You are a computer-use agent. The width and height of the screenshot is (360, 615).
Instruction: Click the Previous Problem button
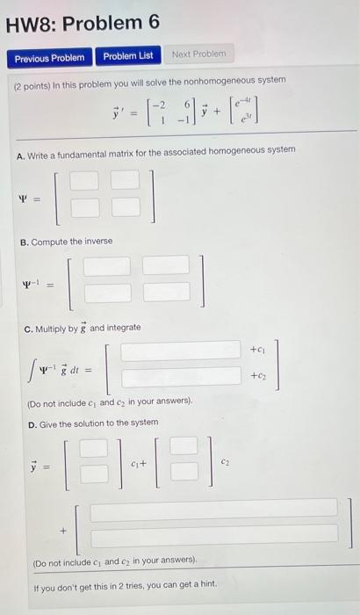coord(49,57)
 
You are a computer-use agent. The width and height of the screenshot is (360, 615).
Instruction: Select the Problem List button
coord(127,56)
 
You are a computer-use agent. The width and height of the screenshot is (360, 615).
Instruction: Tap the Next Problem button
coord(198,54)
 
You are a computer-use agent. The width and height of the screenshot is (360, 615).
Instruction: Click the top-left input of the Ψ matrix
coord(85,182)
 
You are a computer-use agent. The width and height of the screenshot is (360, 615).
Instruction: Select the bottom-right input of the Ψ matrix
coord(126,207)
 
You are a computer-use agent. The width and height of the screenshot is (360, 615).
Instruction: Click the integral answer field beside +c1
coord(180,351)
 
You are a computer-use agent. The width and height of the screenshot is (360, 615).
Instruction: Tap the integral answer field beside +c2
coord(180,378)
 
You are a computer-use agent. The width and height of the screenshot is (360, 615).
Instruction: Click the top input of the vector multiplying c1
coord(93,449)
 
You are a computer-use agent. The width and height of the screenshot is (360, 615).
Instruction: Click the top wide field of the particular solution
coord(213,509)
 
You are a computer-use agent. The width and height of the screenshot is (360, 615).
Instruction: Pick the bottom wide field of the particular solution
coord(213,534)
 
